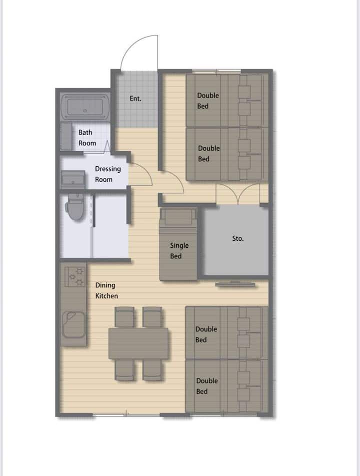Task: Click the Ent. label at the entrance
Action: pos(135,99)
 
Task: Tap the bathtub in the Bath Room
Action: pos(85,107)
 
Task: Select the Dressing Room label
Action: pos(107,174)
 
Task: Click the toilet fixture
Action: pos(75,207)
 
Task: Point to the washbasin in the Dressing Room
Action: pos(73,179)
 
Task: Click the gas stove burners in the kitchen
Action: pos(75,276)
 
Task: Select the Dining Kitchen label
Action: pos(106,290)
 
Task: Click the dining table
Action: pos(138,343)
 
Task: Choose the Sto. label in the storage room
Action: pos(238,238)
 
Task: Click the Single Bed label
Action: pos(179,250)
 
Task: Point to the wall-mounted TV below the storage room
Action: pos(235,284)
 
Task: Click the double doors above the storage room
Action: pos(238,193)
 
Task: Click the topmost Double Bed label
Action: pos(208,101)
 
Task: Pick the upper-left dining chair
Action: pos(124,317)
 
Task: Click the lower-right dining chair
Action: pos(152,370)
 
